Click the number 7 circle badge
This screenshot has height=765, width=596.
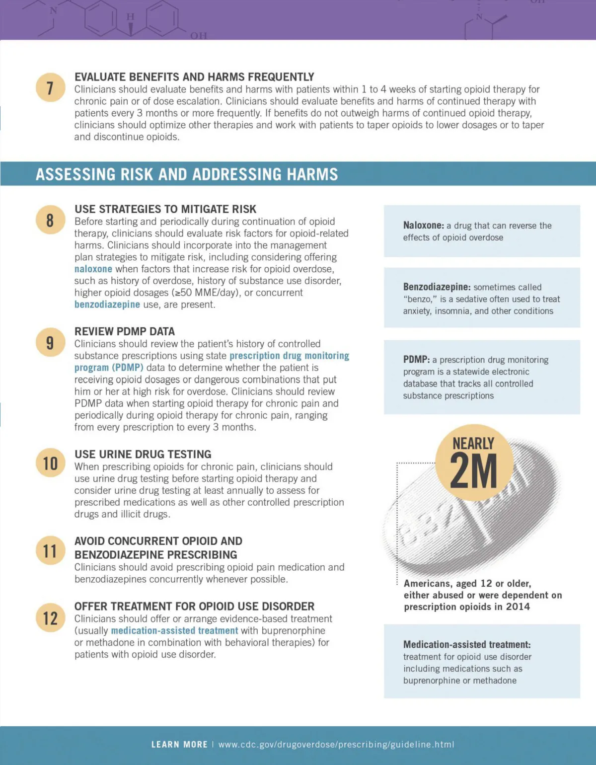coord(50,87)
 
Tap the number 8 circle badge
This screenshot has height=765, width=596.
coord(50,220)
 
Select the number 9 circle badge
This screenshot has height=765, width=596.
coord(50,342)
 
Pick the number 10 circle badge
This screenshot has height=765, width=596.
coord(50,463)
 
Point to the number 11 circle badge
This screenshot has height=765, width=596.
coord(50,550)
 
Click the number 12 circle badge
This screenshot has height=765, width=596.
coord(50,618)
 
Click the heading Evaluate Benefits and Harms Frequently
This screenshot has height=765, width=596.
coord(194,77)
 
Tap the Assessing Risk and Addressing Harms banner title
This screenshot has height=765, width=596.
coord(187,174)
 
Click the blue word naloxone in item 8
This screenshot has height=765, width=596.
coord(93,269)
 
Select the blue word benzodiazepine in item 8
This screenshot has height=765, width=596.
coord(107,305)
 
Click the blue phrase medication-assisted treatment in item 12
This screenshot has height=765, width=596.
coord(174,630)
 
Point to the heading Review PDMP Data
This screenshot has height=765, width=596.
coord(125,331)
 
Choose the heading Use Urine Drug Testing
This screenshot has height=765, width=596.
coord(143,454)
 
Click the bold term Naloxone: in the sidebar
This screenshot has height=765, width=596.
coord(423,226)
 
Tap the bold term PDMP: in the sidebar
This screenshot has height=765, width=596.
coord(416,360)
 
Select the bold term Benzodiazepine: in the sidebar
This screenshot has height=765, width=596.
coord(437,287)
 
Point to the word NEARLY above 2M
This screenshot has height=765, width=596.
coord(473,443)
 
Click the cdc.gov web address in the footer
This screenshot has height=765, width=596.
coord(336,744)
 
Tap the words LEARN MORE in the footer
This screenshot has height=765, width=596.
coord(179,744)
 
